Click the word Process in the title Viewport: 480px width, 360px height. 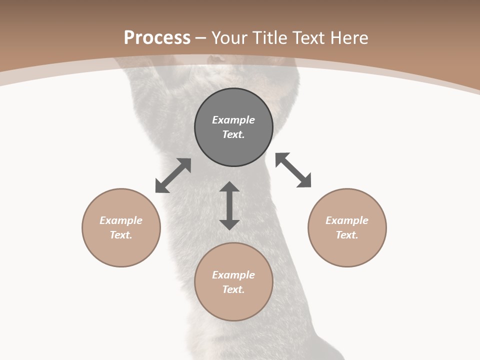point(157,38)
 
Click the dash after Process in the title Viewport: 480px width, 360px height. point(201,38)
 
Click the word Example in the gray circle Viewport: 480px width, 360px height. point(233,120)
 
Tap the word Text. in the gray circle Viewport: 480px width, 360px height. point(233,134)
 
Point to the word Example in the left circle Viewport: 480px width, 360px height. point(121,220)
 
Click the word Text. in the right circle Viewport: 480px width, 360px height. point(347,235)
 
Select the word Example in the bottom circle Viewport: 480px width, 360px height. point(233,275)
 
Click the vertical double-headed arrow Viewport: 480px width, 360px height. point(229,205)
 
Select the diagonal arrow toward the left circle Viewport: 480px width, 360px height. point(173,175)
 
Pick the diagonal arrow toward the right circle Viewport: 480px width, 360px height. point(293,170)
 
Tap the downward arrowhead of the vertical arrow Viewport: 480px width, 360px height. point(229,224)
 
